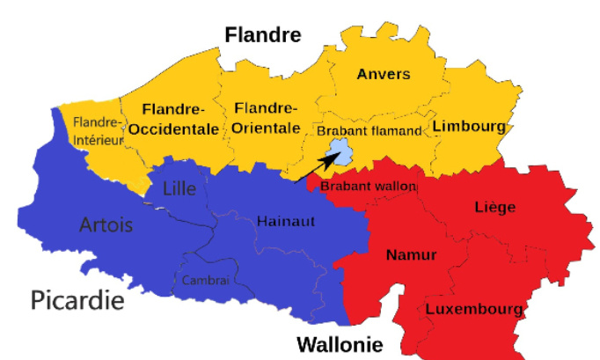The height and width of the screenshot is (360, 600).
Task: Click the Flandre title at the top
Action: [263, 35]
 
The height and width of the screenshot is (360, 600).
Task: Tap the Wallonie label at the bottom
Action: [340, 343]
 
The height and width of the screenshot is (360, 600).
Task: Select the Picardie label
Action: [77, 300]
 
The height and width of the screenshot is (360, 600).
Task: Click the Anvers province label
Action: [383, 74]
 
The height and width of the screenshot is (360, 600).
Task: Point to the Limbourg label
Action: [470, 127]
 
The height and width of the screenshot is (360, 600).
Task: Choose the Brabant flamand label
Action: [370, 130]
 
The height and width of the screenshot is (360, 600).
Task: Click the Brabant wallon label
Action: [368, 187]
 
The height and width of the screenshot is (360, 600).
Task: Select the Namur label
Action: [411, 255]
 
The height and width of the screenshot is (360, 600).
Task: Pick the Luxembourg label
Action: [474, 310]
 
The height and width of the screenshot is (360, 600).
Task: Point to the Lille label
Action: [179, 187]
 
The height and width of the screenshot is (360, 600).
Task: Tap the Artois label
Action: [106, 225]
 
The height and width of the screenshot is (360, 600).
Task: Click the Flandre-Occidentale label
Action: [173, 119]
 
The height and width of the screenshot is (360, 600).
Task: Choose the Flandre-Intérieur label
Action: [97, 129]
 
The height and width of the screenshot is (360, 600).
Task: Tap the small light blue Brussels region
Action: [339, 157]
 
